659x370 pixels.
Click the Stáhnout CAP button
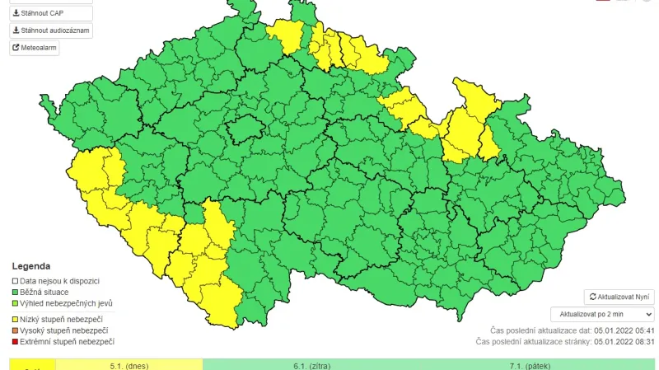(50, 13)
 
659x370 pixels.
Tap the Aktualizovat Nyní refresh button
(619, 297)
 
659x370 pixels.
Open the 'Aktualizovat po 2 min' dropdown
(602, 314)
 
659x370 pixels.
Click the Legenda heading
(31, 266)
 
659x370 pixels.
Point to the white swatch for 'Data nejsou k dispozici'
(16, 281)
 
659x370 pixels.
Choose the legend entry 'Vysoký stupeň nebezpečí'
(63, 330)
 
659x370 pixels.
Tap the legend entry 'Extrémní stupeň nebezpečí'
(67, 341)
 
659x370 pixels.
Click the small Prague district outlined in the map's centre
(246, 130)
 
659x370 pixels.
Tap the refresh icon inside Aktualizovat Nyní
(592, 297)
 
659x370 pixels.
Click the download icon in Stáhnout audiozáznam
(16, 30)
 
